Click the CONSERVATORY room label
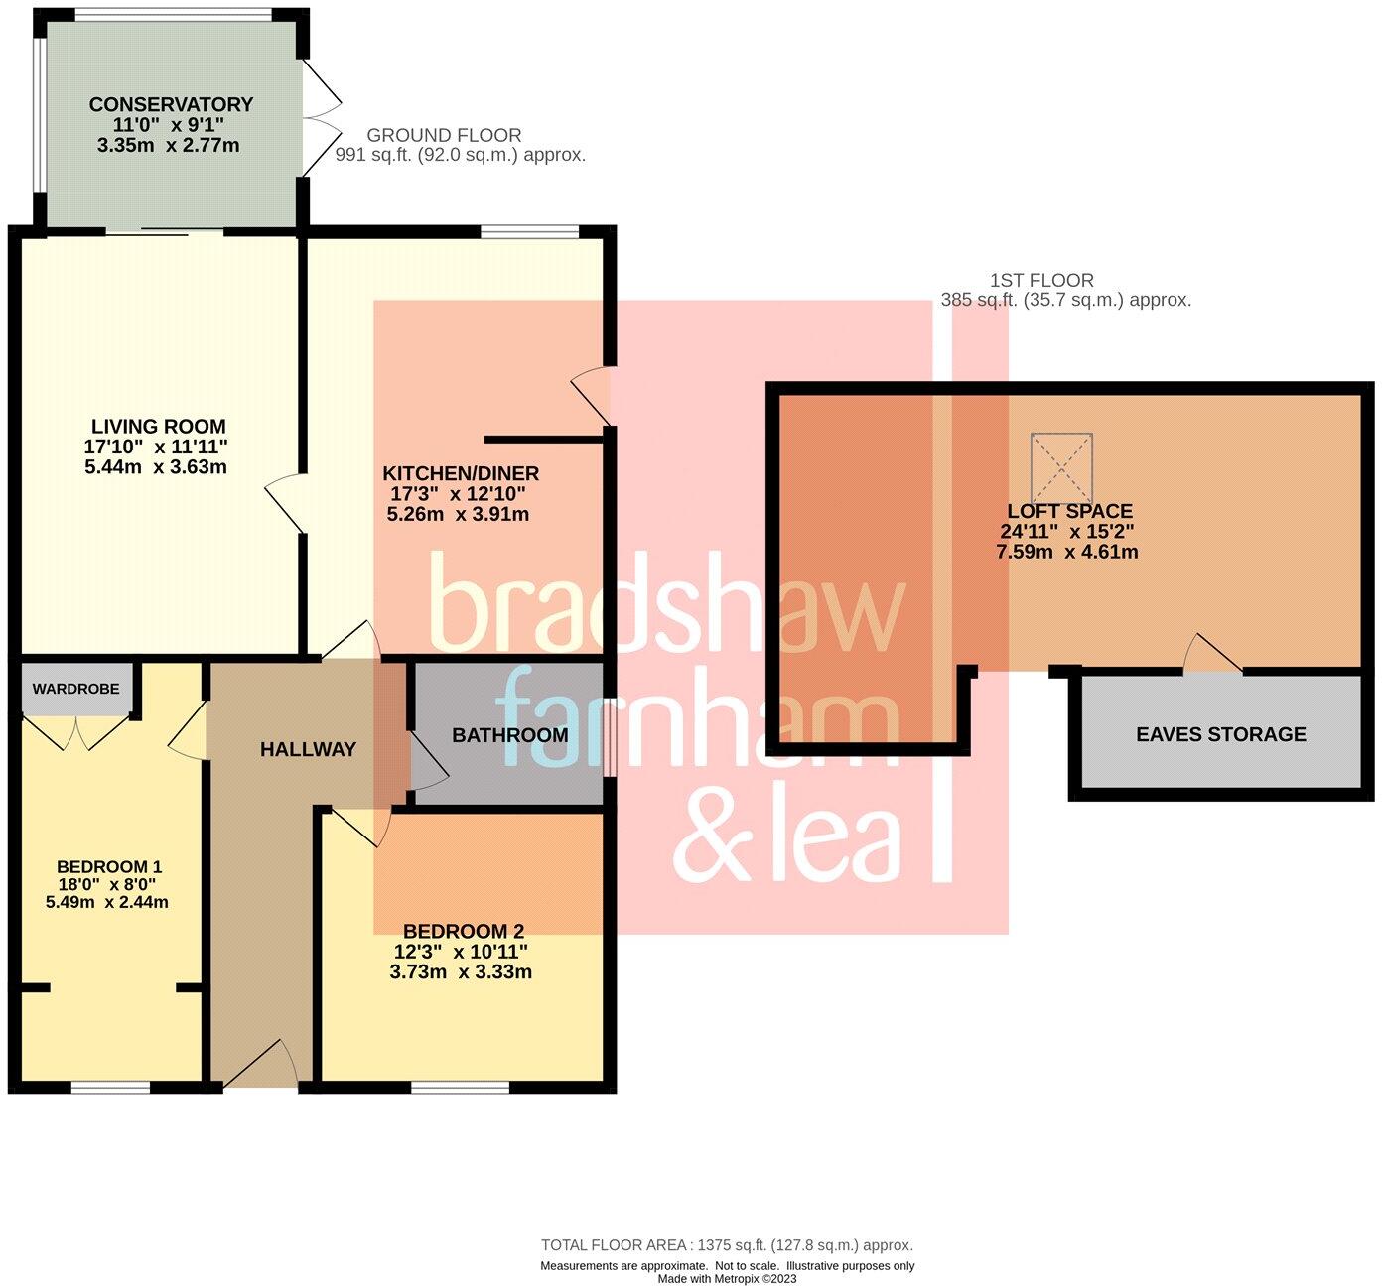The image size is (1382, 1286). (x=171, y=104)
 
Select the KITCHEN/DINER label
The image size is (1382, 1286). (x=461, y=473)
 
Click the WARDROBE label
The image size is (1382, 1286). (x=75, y=689)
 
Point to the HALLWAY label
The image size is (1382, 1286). (x=308, y=750)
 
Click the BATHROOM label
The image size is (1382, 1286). (x=509, y=735)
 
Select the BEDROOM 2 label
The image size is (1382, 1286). (x=463, y=931)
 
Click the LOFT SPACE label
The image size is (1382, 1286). (x=1068, y=511)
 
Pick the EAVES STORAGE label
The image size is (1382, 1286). (x=1220, y=734)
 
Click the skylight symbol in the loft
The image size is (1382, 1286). (x=1061, y=467)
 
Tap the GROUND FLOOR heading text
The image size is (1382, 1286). (x=444, y=135)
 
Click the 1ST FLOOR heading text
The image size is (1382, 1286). (x=1041, y=281)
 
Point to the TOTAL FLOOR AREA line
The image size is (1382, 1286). (x=727, y=1244)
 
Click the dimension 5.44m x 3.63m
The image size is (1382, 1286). (x=156, y=466)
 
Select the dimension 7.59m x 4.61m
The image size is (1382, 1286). (x=1066, y=552)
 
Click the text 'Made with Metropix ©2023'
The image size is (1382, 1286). (x=727, y=1278)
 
